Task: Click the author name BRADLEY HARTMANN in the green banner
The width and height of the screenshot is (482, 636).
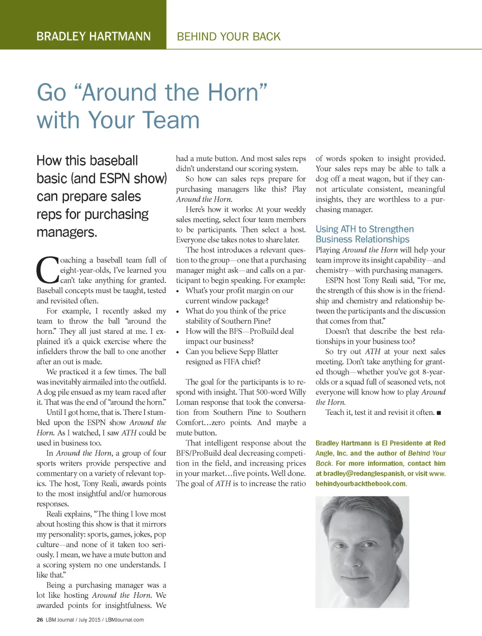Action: click(x=94, y=36)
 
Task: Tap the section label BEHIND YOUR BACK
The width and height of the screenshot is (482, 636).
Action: click(x=228, y=36)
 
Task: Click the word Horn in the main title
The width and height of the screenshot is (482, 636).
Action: click(x=233, y=92)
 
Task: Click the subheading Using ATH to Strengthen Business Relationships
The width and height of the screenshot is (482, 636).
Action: click(x=364, y=234)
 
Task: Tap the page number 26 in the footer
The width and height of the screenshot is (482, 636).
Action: click(x=40, y=619)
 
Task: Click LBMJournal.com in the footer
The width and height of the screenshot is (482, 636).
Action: click(x=124, y=619)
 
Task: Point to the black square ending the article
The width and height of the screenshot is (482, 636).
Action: click(x=439, y=413)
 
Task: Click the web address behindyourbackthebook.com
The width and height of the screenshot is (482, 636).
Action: click(x=361, y=484)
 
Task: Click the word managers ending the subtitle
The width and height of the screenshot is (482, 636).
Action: click(x=67, y=232)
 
